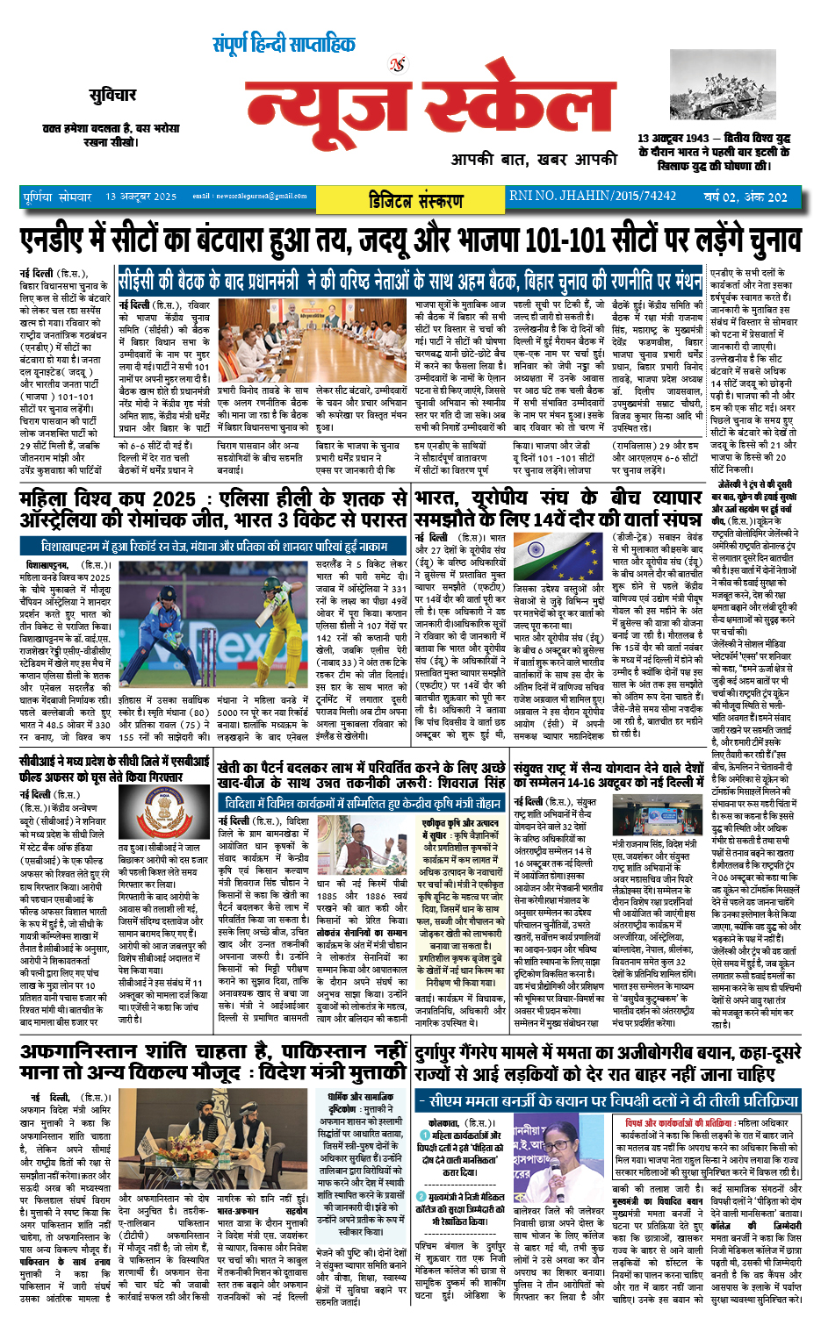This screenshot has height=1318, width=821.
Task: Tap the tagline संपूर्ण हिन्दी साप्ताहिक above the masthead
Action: point(284,45)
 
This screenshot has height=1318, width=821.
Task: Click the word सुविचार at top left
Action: point(112,95)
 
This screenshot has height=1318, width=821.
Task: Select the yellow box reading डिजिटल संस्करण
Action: point(416,199)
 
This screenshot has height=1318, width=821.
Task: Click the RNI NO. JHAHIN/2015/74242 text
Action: point(593,197)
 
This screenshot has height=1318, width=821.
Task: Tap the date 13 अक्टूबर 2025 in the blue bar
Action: point(140,197)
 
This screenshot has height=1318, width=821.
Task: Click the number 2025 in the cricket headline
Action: point(168,499)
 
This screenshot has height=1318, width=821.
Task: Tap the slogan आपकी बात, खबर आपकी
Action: point(534,160)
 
